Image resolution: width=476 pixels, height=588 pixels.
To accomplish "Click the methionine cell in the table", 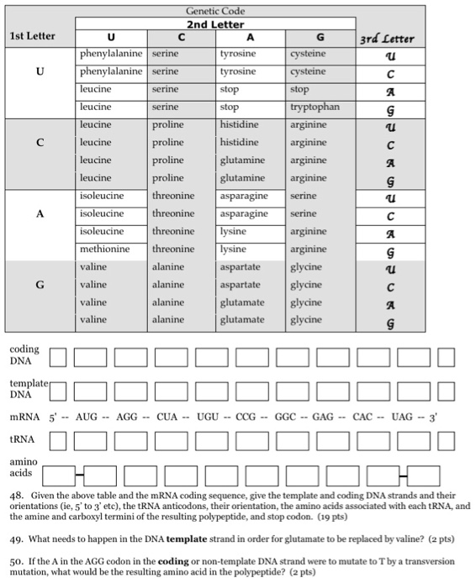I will [x=105, y=249].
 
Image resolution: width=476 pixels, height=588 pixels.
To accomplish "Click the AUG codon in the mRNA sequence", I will [x=87, y=417].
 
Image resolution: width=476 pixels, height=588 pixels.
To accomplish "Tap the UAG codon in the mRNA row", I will [x=404, y=417].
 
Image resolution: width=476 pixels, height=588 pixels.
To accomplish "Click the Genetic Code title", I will [x=215, y=12].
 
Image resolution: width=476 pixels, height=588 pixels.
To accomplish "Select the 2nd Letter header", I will [x=215, y=24].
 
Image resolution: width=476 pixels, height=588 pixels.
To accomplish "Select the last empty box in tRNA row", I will [x=446, y=439].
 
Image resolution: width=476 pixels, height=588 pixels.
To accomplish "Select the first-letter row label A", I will [x=39, y=213].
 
